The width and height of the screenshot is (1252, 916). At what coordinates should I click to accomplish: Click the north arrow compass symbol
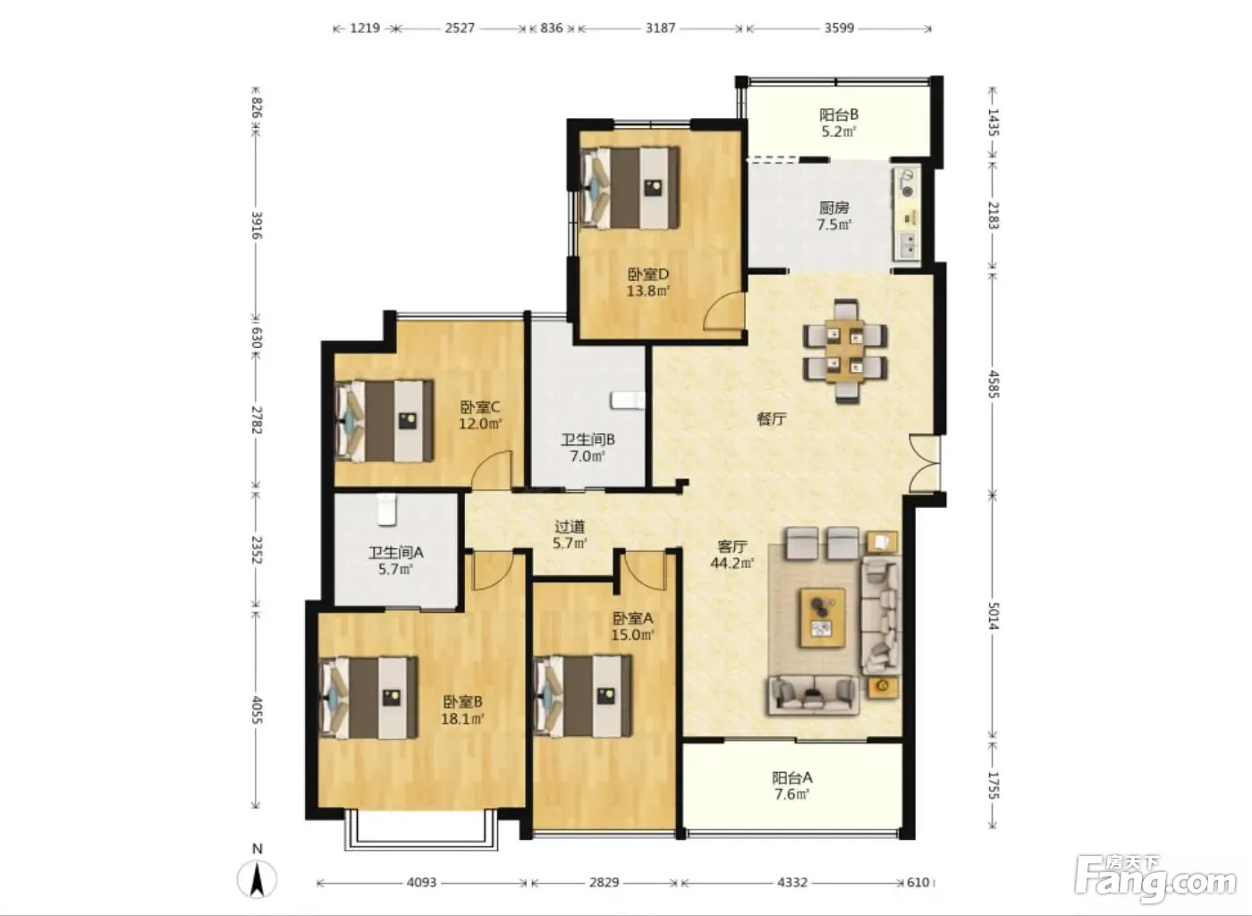tap(257, 878)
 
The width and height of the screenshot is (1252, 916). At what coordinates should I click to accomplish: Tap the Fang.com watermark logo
tap(1155, 880)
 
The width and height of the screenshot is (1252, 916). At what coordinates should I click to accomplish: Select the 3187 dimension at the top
tap(661, 28)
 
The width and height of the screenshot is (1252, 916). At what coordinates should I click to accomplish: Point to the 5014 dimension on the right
tap(993, 615)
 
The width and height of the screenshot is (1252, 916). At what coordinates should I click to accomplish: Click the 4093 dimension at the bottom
tap(421, 882)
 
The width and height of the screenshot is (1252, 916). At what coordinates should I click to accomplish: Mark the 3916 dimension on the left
tap(256, 225)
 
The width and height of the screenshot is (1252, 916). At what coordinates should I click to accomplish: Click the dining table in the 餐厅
tap(845, 352)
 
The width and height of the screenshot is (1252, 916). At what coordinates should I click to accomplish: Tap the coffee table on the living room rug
tap(822, 617)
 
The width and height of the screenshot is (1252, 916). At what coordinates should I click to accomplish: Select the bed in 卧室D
tap(630, 188)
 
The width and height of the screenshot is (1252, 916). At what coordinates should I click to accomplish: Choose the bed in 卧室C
tap(384, 421)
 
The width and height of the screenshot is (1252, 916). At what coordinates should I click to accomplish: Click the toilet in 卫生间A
tap(386, 511)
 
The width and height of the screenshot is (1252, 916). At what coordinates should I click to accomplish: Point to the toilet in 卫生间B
tap(627, 401)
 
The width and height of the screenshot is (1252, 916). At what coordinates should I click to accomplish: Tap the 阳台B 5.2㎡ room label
tap(839, 123)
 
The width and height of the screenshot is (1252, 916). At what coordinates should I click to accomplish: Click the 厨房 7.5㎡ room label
tap(833, 216)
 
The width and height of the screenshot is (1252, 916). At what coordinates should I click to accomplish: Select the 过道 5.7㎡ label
tap(570, 535)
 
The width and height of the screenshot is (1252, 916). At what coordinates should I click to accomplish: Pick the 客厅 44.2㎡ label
tap(732, 555)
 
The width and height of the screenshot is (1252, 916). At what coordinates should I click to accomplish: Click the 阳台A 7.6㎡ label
tap(792, 785)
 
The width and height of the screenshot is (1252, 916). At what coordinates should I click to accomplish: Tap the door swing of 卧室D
tap(724, 311)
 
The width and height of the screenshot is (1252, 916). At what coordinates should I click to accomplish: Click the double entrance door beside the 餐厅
tap(925, 463)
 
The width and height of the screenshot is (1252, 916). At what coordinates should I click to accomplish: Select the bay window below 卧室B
tap(420, 830)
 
